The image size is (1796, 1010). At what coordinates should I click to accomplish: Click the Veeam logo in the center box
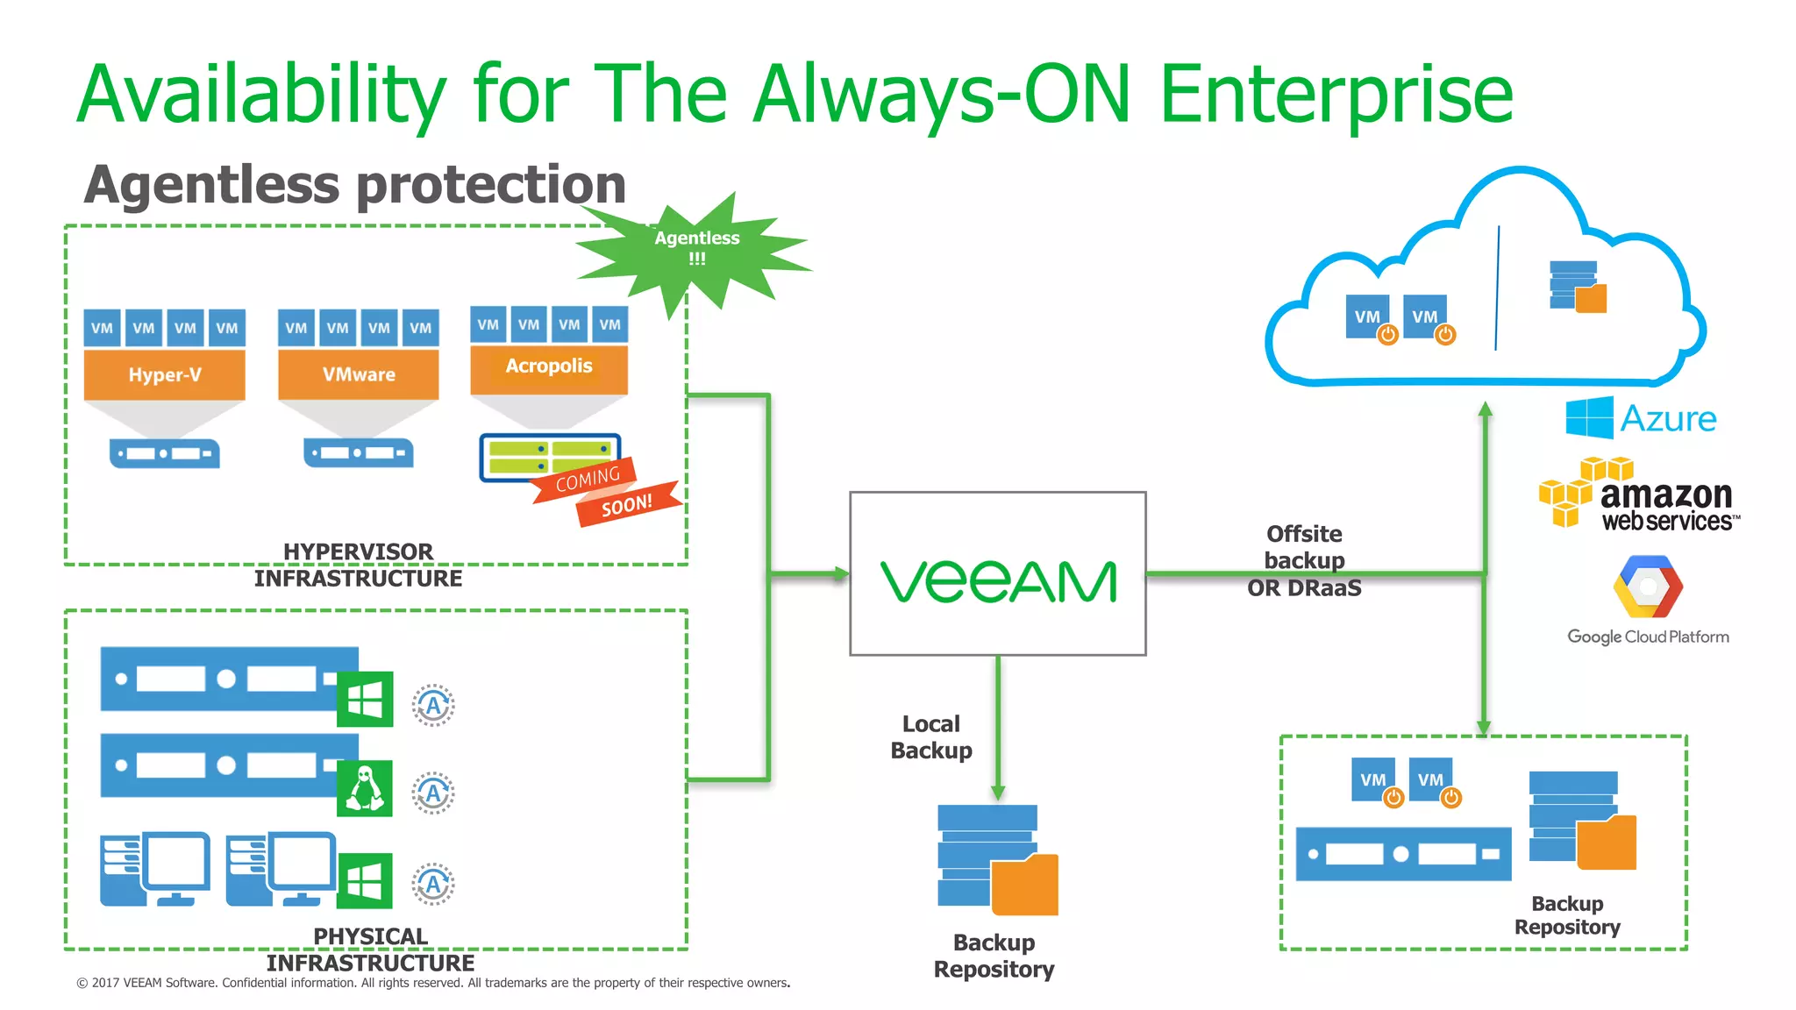pos(998,582)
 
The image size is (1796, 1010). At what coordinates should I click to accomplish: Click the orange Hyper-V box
pos(164,374)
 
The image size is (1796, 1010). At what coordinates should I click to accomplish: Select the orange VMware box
pos(358,374)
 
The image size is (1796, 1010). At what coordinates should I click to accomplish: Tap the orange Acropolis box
pos(549,367)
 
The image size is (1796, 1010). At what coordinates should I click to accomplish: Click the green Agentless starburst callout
pos(696,249)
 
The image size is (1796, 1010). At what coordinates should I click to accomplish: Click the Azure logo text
pos(1668,418)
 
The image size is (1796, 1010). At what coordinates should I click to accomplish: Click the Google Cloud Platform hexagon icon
pos(1648,587)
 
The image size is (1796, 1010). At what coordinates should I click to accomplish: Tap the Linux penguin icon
pos(365,788)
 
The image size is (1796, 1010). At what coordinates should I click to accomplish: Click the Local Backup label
pos(931,737)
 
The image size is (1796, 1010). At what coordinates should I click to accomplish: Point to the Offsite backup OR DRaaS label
pos(1304,560)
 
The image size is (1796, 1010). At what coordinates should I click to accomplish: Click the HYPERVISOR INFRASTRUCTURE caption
pos(358,565)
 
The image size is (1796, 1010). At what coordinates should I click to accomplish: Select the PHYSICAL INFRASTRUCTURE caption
pos(370,950)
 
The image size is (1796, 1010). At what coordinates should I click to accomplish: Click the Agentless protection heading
pos(354,185)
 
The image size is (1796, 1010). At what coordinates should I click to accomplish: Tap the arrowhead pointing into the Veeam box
pos(841,574)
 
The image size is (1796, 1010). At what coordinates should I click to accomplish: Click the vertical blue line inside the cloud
pos(1497,288)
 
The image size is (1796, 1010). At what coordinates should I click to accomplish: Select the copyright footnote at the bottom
pos(433,983)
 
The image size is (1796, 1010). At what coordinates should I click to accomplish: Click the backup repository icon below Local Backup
pos(997,859)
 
